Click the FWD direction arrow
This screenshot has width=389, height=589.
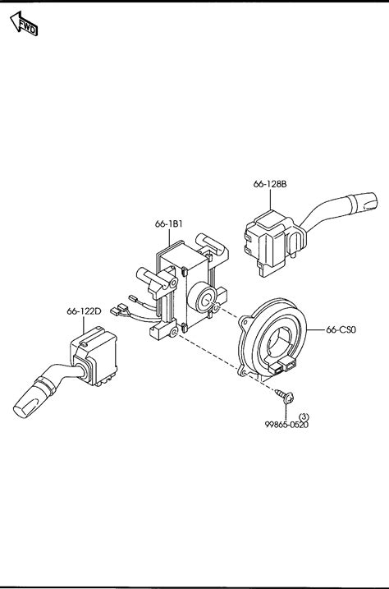pos(24,24)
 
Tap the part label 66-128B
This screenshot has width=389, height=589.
pos(270,184)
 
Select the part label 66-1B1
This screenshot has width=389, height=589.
pos(169,224)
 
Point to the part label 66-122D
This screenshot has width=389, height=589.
pos(84,311)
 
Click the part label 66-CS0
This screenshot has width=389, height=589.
pos(341,329)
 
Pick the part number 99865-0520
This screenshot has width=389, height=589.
pos(286,425)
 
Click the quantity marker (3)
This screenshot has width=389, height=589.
pos(304,416)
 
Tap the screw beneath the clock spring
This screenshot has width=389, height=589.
pos(285,396)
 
